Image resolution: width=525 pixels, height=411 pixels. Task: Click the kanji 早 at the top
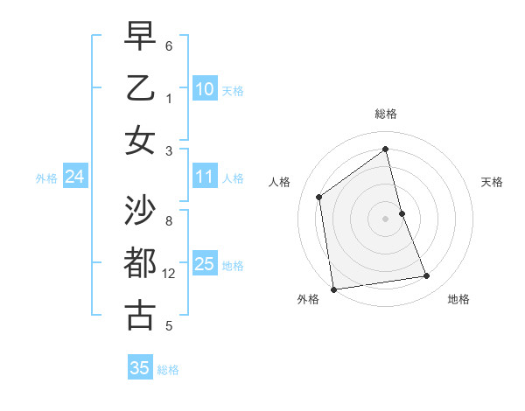coord(140,36)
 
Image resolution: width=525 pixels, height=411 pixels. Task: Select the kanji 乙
coord(140,87)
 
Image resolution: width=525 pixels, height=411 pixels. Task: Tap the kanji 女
coord(140,140)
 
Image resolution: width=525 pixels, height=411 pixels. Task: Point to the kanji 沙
coord(140,210)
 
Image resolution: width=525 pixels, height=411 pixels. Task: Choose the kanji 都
coord(140,262)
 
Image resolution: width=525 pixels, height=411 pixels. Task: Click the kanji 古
coord(140,315)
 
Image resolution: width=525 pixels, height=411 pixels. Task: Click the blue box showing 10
coord(205,89)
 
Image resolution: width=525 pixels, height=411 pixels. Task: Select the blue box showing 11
coord(205,178)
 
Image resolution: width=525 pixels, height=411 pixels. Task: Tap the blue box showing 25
coord(205,265)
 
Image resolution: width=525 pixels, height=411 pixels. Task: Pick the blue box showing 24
coord(74,178)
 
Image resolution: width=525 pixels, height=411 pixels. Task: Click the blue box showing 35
coord(140,368)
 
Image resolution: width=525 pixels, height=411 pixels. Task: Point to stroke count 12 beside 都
coord(170,274)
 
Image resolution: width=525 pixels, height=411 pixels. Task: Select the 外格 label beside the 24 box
coord(46,178)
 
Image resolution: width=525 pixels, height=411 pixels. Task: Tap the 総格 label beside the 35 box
coord(168,370)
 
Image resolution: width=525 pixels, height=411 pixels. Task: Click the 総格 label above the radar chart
coord(386,114)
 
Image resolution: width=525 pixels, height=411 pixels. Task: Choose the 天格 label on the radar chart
coord(493,182)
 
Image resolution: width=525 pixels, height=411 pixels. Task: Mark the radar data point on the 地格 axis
coord(427,276)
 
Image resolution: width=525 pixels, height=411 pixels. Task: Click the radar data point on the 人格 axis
coord(319,197)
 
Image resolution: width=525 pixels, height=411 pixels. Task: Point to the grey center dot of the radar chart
coord(386,219)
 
